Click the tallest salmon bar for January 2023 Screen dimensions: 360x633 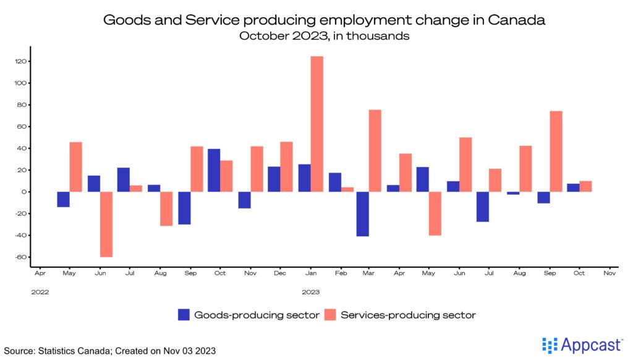pyautogui.click(x=316, y=124)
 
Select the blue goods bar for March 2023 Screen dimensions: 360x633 pyautogui.click(x=362, y=214)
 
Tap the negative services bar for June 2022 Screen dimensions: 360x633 pyautogui.click(x=106, y=224)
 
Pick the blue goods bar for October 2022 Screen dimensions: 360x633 pyautogui.click(x=215, y=170)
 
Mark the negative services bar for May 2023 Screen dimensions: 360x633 pyautogui.click(x=435, y=213)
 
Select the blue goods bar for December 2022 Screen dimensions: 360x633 pyautogui.click(x=274, y=179)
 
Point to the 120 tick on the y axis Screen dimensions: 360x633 pyautogui.click(x=23, y=61)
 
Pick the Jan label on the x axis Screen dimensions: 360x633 pyautogui.click(x=310, y=272)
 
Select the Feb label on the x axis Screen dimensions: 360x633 pyautogui.click(x=340, y=272)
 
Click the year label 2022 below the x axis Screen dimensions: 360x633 pyautogui.click(x=40, y=290)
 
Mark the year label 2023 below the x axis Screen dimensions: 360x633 pyautogui.click(x=310, y=290)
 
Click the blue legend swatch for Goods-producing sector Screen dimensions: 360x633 pyautogui.click(x=184, y=315)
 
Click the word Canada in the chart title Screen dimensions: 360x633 pyautogui.click(x=517, y=20)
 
